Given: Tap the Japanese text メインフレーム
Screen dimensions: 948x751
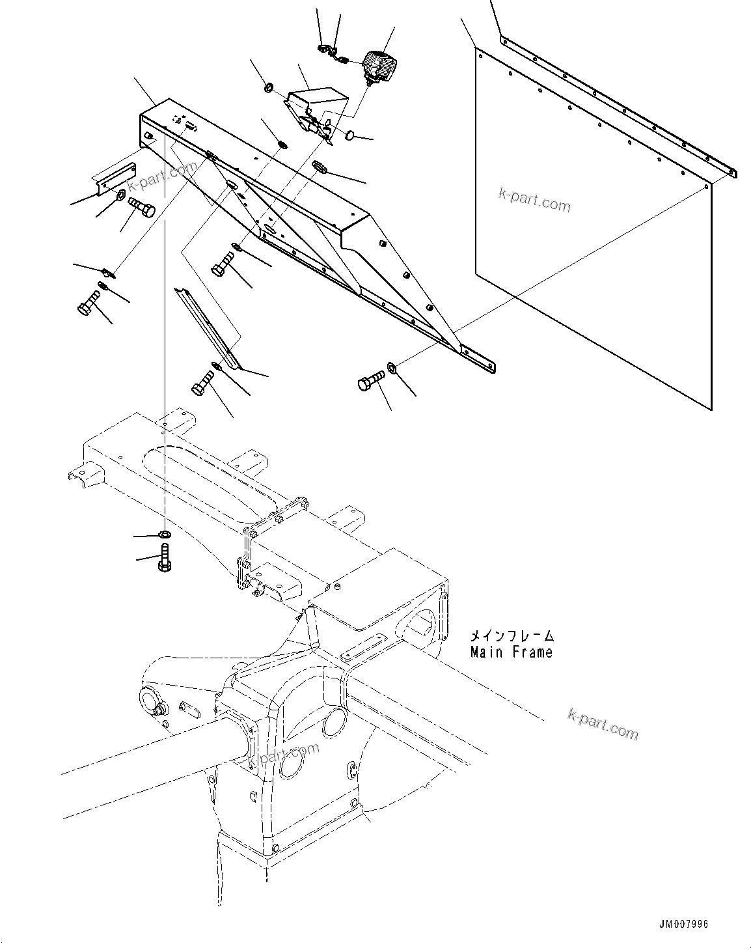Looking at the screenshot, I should point(512,635).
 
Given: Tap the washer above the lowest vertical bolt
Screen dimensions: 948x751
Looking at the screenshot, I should point(165,535).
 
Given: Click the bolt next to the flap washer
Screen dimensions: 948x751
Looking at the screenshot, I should point(370,382).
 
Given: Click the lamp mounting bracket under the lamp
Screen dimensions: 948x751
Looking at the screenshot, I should point(317,107).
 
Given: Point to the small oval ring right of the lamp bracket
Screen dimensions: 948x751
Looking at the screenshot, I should point(349,135).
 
